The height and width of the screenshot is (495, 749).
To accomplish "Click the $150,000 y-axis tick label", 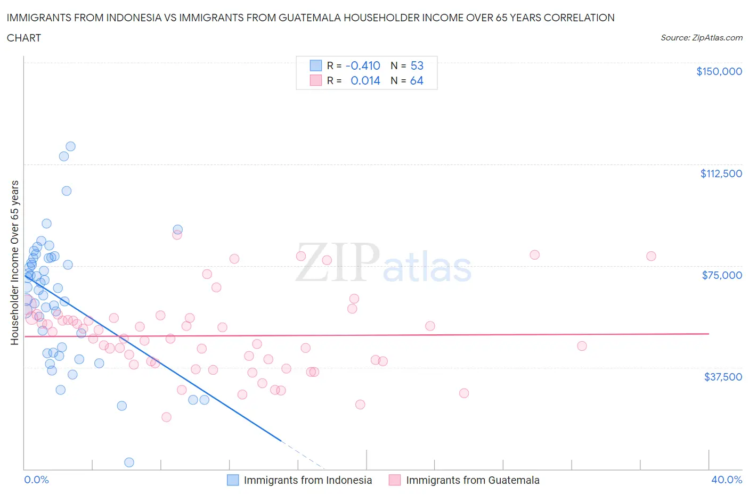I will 719,71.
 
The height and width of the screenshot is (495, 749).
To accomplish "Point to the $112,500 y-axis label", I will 721,174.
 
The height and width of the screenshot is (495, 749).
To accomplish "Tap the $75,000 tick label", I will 722,275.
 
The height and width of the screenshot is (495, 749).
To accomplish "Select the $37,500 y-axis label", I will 722,377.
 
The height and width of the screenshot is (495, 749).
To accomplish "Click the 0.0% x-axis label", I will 36,480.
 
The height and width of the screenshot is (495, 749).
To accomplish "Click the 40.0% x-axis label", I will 726,480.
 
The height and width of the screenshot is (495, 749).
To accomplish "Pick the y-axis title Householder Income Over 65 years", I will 14,262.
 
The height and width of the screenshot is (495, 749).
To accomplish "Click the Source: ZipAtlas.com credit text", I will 701,38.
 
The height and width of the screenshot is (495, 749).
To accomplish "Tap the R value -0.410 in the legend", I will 363,65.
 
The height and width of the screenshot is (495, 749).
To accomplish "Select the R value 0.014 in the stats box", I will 365,80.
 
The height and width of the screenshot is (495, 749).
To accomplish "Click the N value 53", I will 417,65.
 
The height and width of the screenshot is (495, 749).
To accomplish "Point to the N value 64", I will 417,80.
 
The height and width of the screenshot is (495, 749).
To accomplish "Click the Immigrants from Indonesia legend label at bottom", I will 307,480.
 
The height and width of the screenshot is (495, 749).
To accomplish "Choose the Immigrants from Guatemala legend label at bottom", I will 473,480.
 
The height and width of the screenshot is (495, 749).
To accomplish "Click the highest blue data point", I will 70,146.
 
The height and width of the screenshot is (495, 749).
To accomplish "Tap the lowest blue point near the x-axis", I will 129,462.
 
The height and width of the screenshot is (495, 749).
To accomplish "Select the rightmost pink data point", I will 651,256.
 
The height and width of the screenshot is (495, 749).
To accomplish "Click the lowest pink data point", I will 166,417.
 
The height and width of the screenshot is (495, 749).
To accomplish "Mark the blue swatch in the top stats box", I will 316,65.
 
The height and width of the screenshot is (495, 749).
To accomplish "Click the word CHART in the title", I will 24,38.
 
